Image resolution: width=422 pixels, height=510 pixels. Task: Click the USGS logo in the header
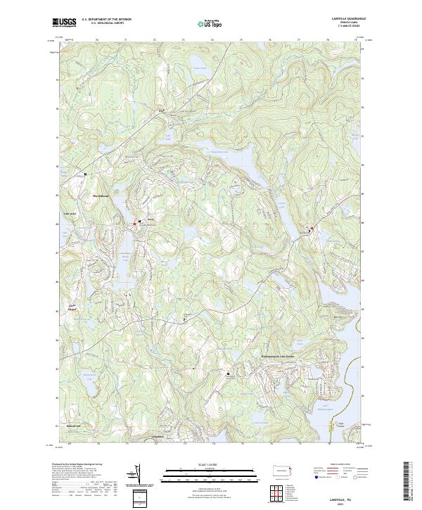[x=64, y=24]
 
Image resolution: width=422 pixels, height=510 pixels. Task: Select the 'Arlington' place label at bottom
[x=158, y=437]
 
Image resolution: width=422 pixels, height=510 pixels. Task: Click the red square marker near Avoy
[x=134, y=224]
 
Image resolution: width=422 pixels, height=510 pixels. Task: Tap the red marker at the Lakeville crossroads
[x=312, y=228]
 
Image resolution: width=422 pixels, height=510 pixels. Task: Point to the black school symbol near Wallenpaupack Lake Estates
[x=228, y=374]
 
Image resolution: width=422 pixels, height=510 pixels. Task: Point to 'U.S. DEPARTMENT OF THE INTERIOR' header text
[x=106, y=20]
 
